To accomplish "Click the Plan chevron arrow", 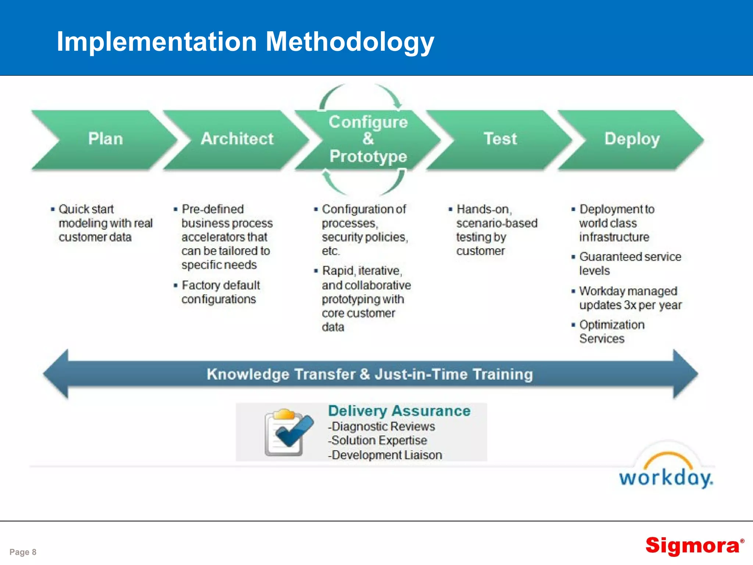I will coord(105,139).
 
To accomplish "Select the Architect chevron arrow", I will coord(237,139).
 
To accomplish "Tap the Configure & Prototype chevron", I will coord(368,139).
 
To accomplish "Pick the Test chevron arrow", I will coord(500,139).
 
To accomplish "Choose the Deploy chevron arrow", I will coord(632,139).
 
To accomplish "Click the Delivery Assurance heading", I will coord(399,411).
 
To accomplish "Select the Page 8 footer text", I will coord(23,552).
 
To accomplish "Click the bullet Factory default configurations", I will coord(221,292).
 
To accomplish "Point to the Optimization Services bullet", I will coord(611,331).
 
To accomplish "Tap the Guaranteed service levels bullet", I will coord(629,263).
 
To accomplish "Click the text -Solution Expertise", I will coord(378,440).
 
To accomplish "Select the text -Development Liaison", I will coord(385,455).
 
